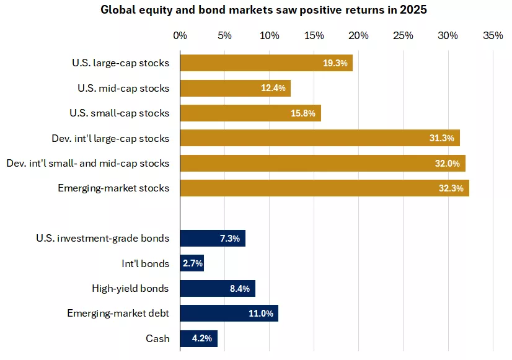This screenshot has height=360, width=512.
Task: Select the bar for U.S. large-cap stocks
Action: click(266, 63)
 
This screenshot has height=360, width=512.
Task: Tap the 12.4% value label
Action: click(273, 88)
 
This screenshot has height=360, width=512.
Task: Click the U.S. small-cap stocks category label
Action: click(119, 113)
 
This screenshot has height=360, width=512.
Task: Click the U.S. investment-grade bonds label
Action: click(103, 239)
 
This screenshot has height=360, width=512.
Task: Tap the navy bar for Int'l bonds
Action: click(192, 263)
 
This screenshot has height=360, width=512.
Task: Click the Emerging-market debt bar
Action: click(229, 314)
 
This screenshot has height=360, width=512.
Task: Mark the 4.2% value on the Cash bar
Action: click(200, 338)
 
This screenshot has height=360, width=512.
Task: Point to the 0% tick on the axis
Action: click(180, 35)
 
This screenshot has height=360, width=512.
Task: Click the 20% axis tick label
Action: click(358, 35)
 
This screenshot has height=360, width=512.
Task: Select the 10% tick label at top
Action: click(269, 35)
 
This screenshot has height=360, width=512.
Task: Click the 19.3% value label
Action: click(335, 63)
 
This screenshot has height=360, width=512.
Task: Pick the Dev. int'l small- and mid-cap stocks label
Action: click(87, 163)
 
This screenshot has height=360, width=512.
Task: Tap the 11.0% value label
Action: click(260, 314)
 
